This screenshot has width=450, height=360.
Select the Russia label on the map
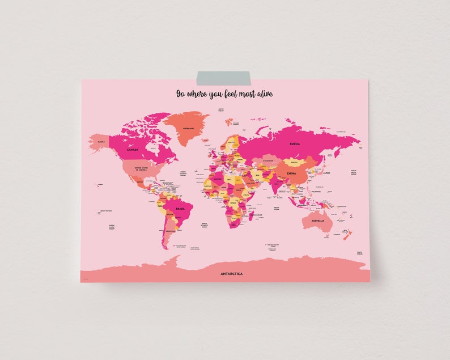click(x=294, y=143)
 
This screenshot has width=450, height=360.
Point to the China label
click(x=291, y=172)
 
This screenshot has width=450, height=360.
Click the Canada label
click(x=132, y=150)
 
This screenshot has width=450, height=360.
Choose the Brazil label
click(x=180, y=209)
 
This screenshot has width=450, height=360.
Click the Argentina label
click(x=168, y=231)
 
